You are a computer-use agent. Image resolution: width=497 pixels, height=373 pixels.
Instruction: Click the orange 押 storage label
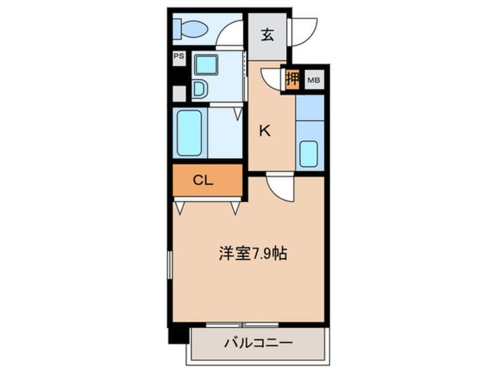pyautogui.click(x=292, y=78)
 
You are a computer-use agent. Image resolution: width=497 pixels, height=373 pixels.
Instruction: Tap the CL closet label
pyautogui.click(x=203, y=181)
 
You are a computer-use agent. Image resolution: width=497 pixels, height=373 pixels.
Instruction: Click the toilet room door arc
pyautogui.click(x=230, y=35)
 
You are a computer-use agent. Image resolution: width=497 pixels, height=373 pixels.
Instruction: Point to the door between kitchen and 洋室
pyautogui.click(x=280, y=188)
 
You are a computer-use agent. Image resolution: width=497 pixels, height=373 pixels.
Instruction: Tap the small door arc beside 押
pyautogui.click(x=272, y=78)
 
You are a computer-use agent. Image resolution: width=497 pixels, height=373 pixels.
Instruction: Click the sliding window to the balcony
pyautogui.click(x=242, y=324)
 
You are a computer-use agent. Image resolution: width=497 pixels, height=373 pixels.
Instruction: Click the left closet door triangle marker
pyautogui.click(x=179, y=207)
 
